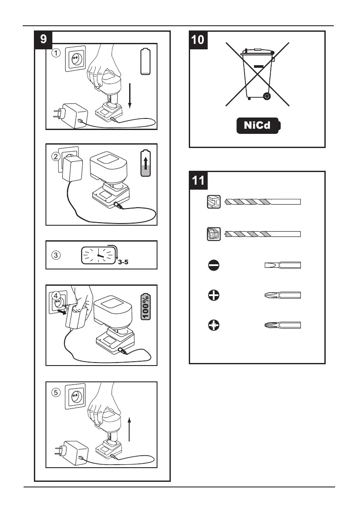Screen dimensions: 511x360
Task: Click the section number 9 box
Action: [x=44, y=40]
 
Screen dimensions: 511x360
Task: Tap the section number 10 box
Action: [x=198, y=40]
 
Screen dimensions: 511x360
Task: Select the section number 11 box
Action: [x=198, y=180]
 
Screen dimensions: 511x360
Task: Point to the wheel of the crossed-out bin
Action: [x=267, y=97]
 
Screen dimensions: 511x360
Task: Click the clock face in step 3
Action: [x=98, y=255]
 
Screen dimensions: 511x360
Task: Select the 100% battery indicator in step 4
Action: [x=145, y=307]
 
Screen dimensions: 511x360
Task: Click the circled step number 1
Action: [x=56, y=54]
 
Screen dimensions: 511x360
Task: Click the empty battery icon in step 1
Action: [x=146, y=62]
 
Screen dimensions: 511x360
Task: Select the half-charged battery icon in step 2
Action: [x=146, y=163]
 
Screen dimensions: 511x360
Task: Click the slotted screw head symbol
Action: [x=213, y=266]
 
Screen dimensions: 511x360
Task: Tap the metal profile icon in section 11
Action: [x=213, y=202]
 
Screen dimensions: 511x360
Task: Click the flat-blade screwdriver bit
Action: [x=282, y=266]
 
